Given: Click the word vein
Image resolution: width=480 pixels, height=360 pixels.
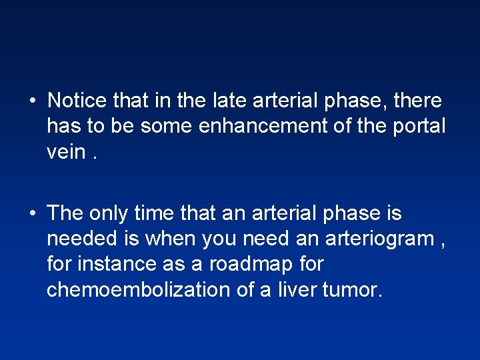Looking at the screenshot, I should pos(66,151).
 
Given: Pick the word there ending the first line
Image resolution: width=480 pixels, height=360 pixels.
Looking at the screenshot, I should pos(417,101).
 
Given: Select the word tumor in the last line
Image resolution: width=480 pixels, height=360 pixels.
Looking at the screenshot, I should pos(352,289).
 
